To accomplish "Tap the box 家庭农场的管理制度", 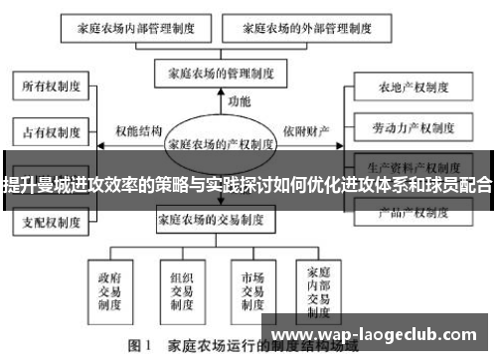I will click(221, 73).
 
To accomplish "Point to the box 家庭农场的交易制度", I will click(220, 221).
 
